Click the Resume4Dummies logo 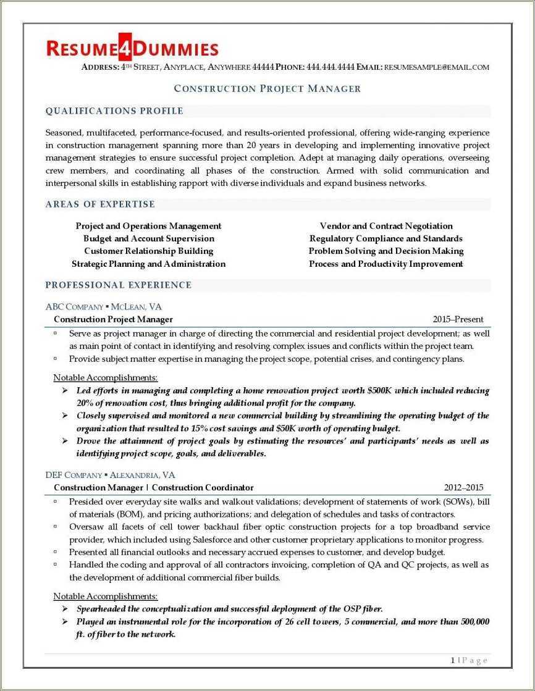point(132,48)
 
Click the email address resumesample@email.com point(436,67)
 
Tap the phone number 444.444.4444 point(330,67)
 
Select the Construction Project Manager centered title point(267,88)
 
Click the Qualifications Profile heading point(114,111)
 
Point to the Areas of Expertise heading point(100,204)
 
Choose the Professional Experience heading point(119,285)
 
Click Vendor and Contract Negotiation point(386,226)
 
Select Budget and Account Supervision point(149,238)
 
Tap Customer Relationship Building point(149,251)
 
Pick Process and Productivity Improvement point(386,264)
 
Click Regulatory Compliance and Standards point(386,238)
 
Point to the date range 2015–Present point(458,319)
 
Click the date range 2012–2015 point(464,487)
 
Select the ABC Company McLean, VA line point(104,306)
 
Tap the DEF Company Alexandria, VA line point(110,475)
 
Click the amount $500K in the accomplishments point(379,390)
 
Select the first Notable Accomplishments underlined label point(106,377)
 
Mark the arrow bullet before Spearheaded point(65,609)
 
